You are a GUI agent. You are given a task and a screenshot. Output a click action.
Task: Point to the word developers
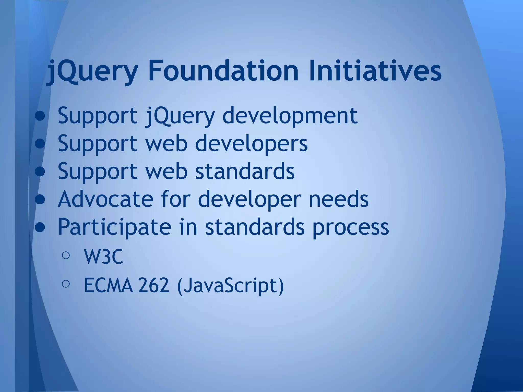(252, 143)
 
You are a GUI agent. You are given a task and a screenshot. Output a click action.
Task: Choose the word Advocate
(105, 199)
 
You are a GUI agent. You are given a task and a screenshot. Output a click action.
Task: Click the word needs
(339, 199)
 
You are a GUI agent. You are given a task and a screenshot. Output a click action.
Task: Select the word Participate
(114, 227)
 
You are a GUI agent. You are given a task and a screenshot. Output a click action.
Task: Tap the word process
(350, 227)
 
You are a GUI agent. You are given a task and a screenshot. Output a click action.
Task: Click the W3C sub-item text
(103, 257)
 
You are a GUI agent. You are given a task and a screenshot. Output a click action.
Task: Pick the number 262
(153, 285)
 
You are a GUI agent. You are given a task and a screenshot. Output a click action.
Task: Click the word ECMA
(109, 285)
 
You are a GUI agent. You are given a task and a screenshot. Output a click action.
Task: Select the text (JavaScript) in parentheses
(230, 286)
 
